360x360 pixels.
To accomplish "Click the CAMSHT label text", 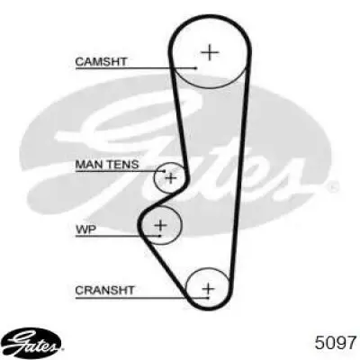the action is pyautogui.click(x=101, y=61).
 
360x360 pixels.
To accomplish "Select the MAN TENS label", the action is pyautogui.click(x=107, y=165).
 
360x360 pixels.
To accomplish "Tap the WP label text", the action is pyautogui.click(x=85, y=229).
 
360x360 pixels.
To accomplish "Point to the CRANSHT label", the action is pyautogui.click(x=104, y=290).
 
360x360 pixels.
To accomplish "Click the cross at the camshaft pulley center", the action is pyautogui.click(x=210, y=52).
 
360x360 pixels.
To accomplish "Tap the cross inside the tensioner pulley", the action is pyautogui.click(x=171, y=178).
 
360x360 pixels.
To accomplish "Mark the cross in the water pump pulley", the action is pyautogui.click(x=160, y=225).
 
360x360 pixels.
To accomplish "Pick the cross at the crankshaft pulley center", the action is pyautogui.click(x=208, y=289).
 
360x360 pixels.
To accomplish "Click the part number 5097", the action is pyautogui.click(x=335, y=343).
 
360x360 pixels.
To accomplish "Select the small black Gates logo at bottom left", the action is pyautogui.click(x=33, y=341).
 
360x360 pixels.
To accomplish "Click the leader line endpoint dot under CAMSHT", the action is pyautogui.click(x=196, y=68).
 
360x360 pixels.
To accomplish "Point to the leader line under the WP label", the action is pyautogui.click(x=118, y=236).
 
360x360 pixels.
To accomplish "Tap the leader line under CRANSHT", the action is pyautogui.click(x=142, y=298).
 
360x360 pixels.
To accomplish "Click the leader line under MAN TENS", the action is pyautogui.click(x=120, y=171).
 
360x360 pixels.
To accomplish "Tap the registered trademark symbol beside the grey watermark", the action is pyautogui.click(x=332, y=188).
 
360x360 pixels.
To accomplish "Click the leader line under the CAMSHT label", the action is pyautogui.click(x=136, y=68).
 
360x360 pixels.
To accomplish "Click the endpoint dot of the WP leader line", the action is pyautogui.click(x=160, y=236).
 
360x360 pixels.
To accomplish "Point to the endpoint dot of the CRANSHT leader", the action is pyautogui.click(x=208, y=298).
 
